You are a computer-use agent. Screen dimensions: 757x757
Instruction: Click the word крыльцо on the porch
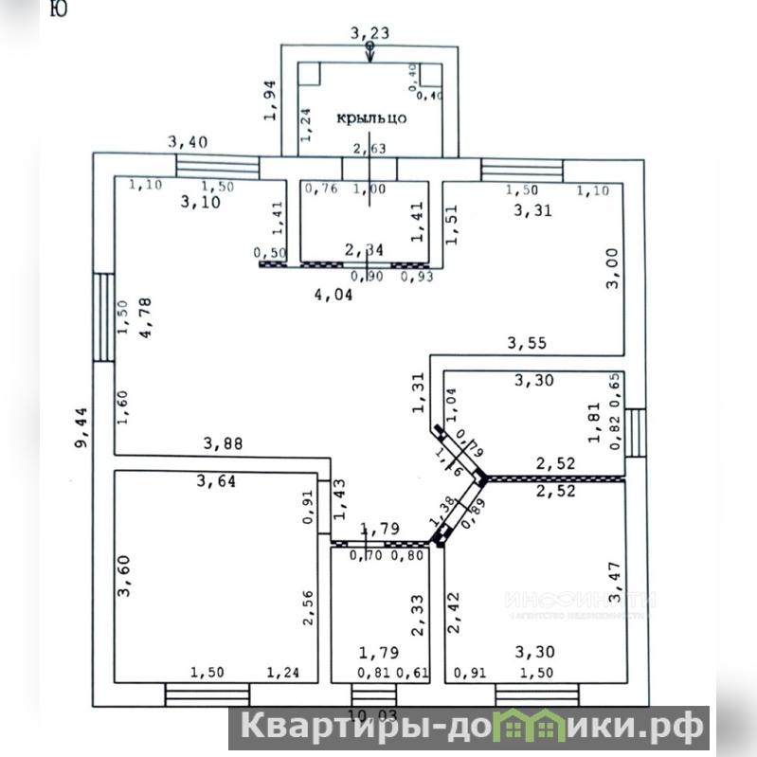point(372,119)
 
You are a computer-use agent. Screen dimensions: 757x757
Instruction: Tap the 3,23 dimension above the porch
point(369,33)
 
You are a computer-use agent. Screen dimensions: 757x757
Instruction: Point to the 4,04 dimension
point(333,294)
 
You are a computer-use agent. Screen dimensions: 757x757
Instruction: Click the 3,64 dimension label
point(216,480)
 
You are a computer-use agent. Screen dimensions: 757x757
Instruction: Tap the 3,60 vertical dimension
point(122,576)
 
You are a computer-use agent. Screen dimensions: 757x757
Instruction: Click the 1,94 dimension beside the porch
point(270,99)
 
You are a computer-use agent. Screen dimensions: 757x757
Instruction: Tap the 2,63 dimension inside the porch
point(369,148)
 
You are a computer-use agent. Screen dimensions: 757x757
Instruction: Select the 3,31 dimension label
point(532,210)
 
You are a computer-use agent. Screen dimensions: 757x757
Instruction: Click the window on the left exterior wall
point(104,316)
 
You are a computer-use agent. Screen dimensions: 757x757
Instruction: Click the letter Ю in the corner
point(57,9)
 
